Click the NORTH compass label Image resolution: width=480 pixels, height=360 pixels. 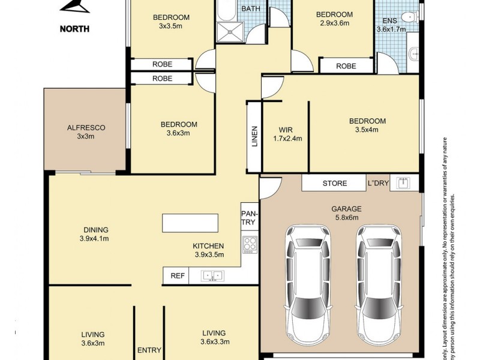pos(74,28)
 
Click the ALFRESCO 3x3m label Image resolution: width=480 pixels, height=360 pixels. pos(86,132)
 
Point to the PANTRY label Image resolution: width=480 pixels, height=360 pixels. pos(248,218)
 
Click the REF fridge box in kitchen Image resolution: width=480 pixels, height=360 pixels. pos(176,276)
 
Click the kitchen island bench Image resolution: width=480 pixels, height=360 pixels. pos(190,223)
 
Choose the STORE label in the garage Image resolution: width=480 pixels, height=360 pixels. pos(334,183)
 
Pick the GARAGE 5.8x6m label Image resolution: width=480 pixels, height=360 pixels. pos(346,214)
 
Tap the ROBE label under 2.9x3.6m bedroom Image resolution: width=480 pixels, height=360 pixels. pos(346,66)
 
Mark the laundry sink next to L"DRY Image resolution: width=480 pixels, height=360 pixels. pos(404,183)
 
